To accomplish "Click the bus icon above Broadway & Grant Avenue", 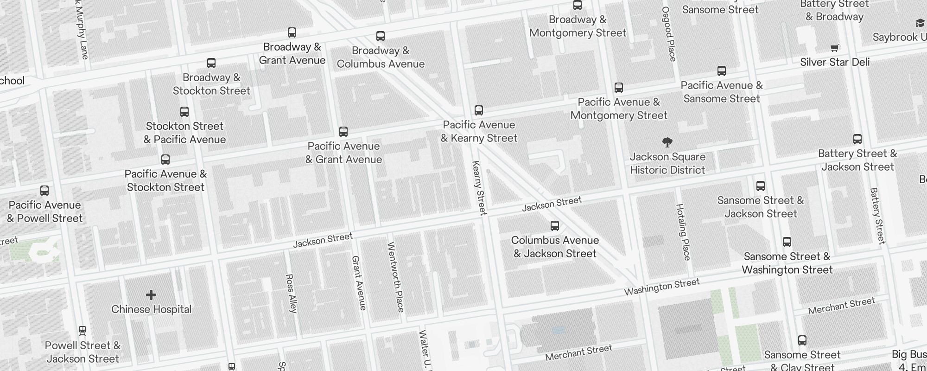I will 292,32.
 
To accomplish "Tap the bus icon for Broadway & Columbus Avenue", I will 381,36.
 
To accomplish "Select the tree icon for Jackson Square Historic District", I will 667,142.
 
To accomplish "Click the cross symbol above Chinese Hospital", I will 151,295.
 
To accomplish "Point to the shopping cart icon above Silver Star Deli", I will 835,47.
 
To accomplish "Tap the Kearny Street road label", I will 479,188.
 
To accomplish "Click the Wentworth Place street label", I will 396,277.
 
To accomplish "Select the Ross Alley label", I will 291,293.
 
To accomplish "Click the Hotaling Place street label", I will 683,232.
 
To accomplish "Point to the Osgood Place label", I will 668,34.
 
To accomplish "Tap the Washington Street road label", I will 661,287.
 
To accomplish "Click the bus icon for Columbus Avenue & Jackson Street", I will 555,226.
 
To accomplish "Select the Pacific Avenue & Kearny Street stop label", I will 479,131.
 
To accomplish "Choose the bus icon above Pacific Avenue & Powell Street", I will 44,191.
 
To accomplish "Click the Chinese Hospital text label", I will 151,309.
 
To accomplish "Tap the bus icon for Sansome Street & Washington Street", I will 787,242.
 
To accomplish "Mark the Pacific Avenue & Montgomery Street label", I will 619,109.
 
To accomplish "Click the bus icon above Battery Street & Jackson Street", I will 857,139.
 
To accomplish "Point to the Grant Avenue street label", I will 359,282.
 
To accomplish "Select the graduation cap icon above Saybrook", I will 920,23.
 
